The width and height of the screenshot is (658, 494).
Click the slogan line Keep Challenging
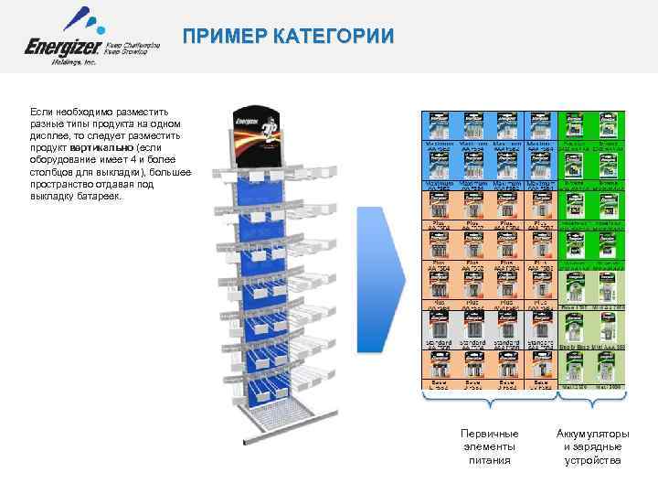coord(134,44)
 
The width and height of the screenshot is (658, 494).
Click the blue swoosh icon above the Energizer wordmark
coord(80,17)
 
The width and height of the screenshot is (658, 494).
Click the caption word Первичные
coord(490,433)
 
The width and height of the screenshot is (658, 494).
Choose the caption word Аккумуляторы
coord(592,433)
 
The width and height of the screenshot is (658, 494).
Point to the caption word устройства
coord(592,460)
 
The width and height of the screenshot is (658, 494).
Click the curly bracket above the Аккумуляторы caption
coord(593,396)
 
